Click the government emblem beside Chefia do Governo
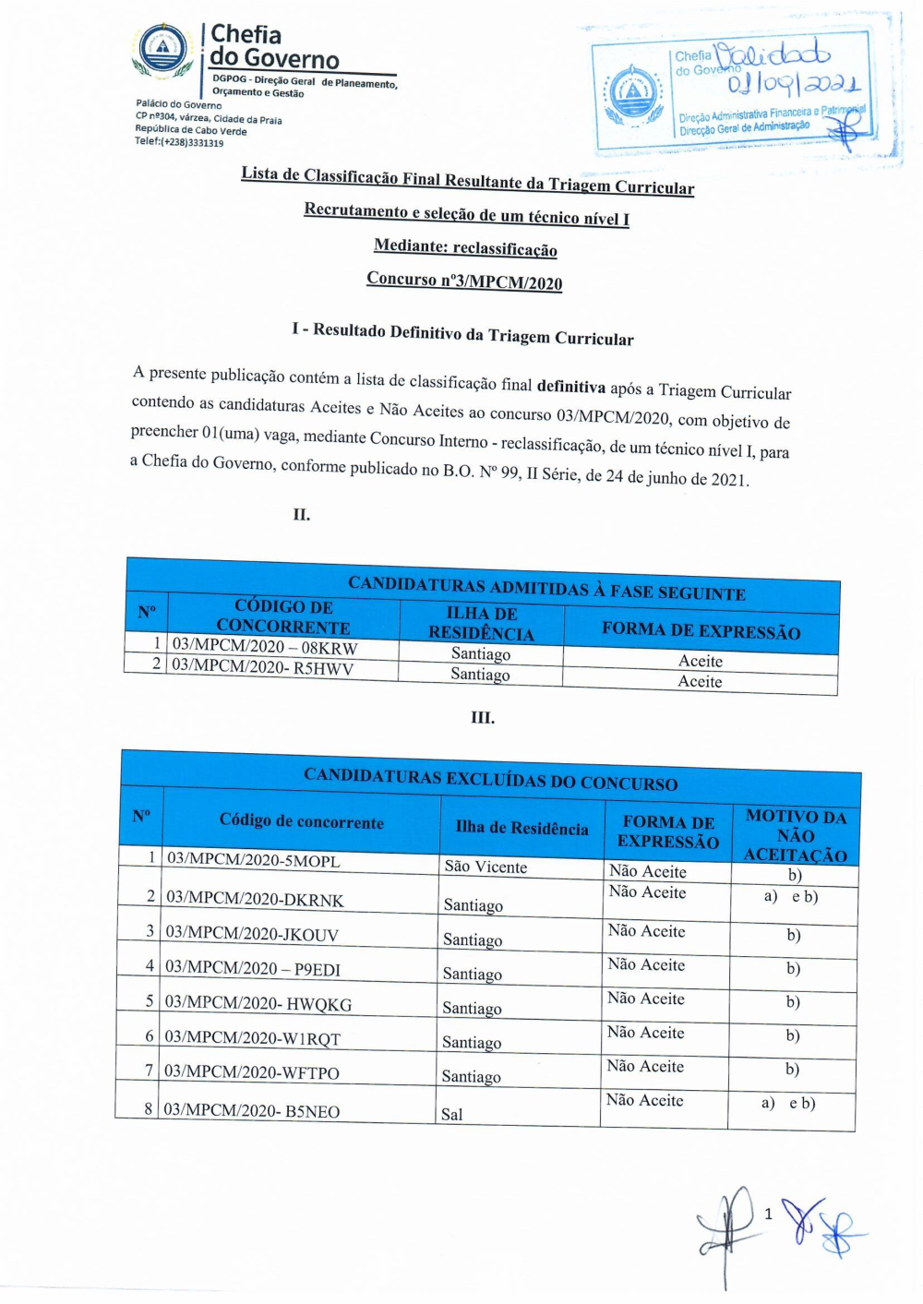162,48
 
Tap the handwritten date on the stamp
793,85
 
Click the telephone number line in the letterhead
179,142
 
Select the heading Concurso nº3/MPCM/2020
464,281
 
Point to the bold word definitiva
570,387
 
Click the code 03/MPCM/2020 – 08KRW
265,647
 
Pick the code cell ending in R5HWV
263,667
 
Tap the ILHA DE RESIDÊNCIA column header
481,623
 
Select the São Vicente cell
485,867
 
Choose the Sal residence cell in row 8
452,1114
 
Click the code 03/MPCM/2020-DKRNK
255,899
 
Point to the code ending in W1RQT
252,1038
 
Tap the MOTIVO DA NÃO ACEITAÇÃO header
796,835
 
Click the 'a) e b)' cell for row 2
790,896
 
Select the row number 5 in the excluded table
150,1000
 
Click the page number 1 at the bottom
768,1214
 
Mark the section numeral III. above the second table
483,717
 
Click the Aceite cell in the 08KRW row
700,661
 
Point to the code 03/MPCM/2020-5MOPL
253,860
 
